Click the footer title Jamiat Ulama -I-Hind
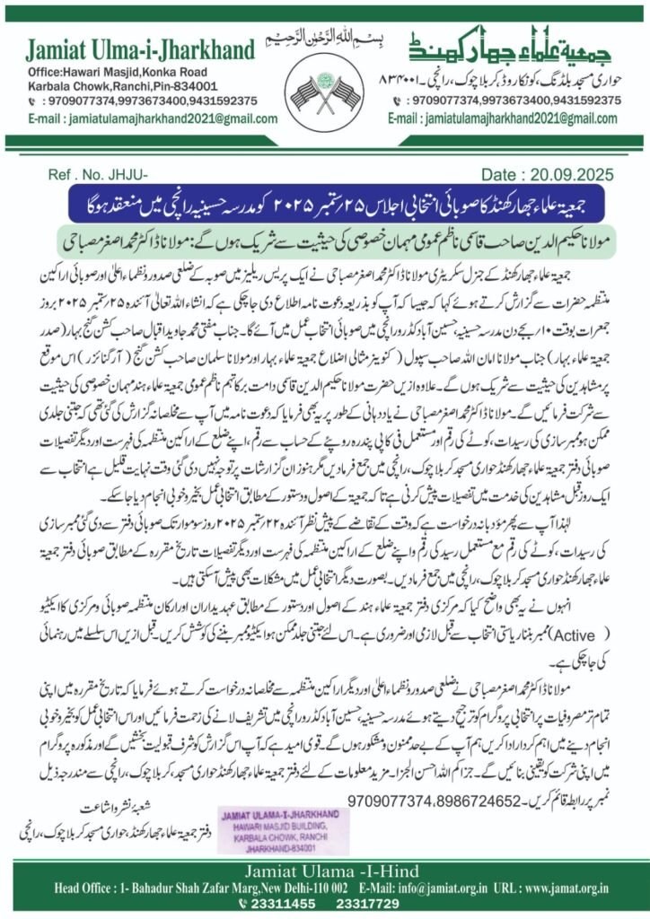325,866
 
